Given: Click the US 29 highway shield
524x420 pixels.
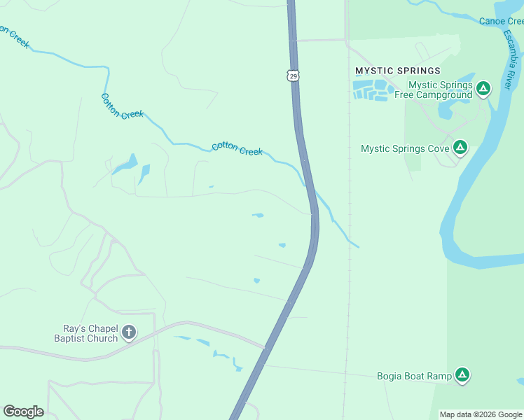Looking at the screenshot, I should pos(294,75).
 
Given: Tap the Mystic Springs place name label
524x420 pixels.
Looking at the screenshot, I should pos(398,71).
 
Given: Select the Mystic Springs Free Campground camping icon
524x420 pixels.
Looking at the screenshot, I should pos(483,88).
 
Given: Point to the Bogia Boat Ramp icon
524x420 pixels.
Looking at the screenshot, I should pos(462,375).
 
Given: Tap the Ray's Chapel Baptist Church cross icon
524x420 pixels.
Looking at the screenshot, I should pos(128,332).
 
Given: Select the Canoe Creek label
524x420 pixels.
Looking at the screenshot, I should pos(502,21).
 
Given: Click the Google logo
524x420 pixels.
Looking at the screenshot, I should pos(23,412).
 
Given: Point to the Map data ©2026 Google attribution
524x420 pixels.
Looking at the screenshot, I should pos(481,414).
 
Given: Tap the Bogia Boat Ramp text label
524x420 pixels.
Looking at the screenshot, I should pos(414,376).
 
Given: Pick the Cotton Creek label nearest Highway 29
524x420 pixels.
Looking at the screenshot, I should pos(237,148).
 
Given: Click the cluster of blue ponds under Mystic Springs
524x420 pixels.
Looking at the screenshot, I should pos(371,90).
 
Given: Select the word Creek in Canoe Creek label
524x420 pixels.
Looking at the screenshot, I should pos(512,21).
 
